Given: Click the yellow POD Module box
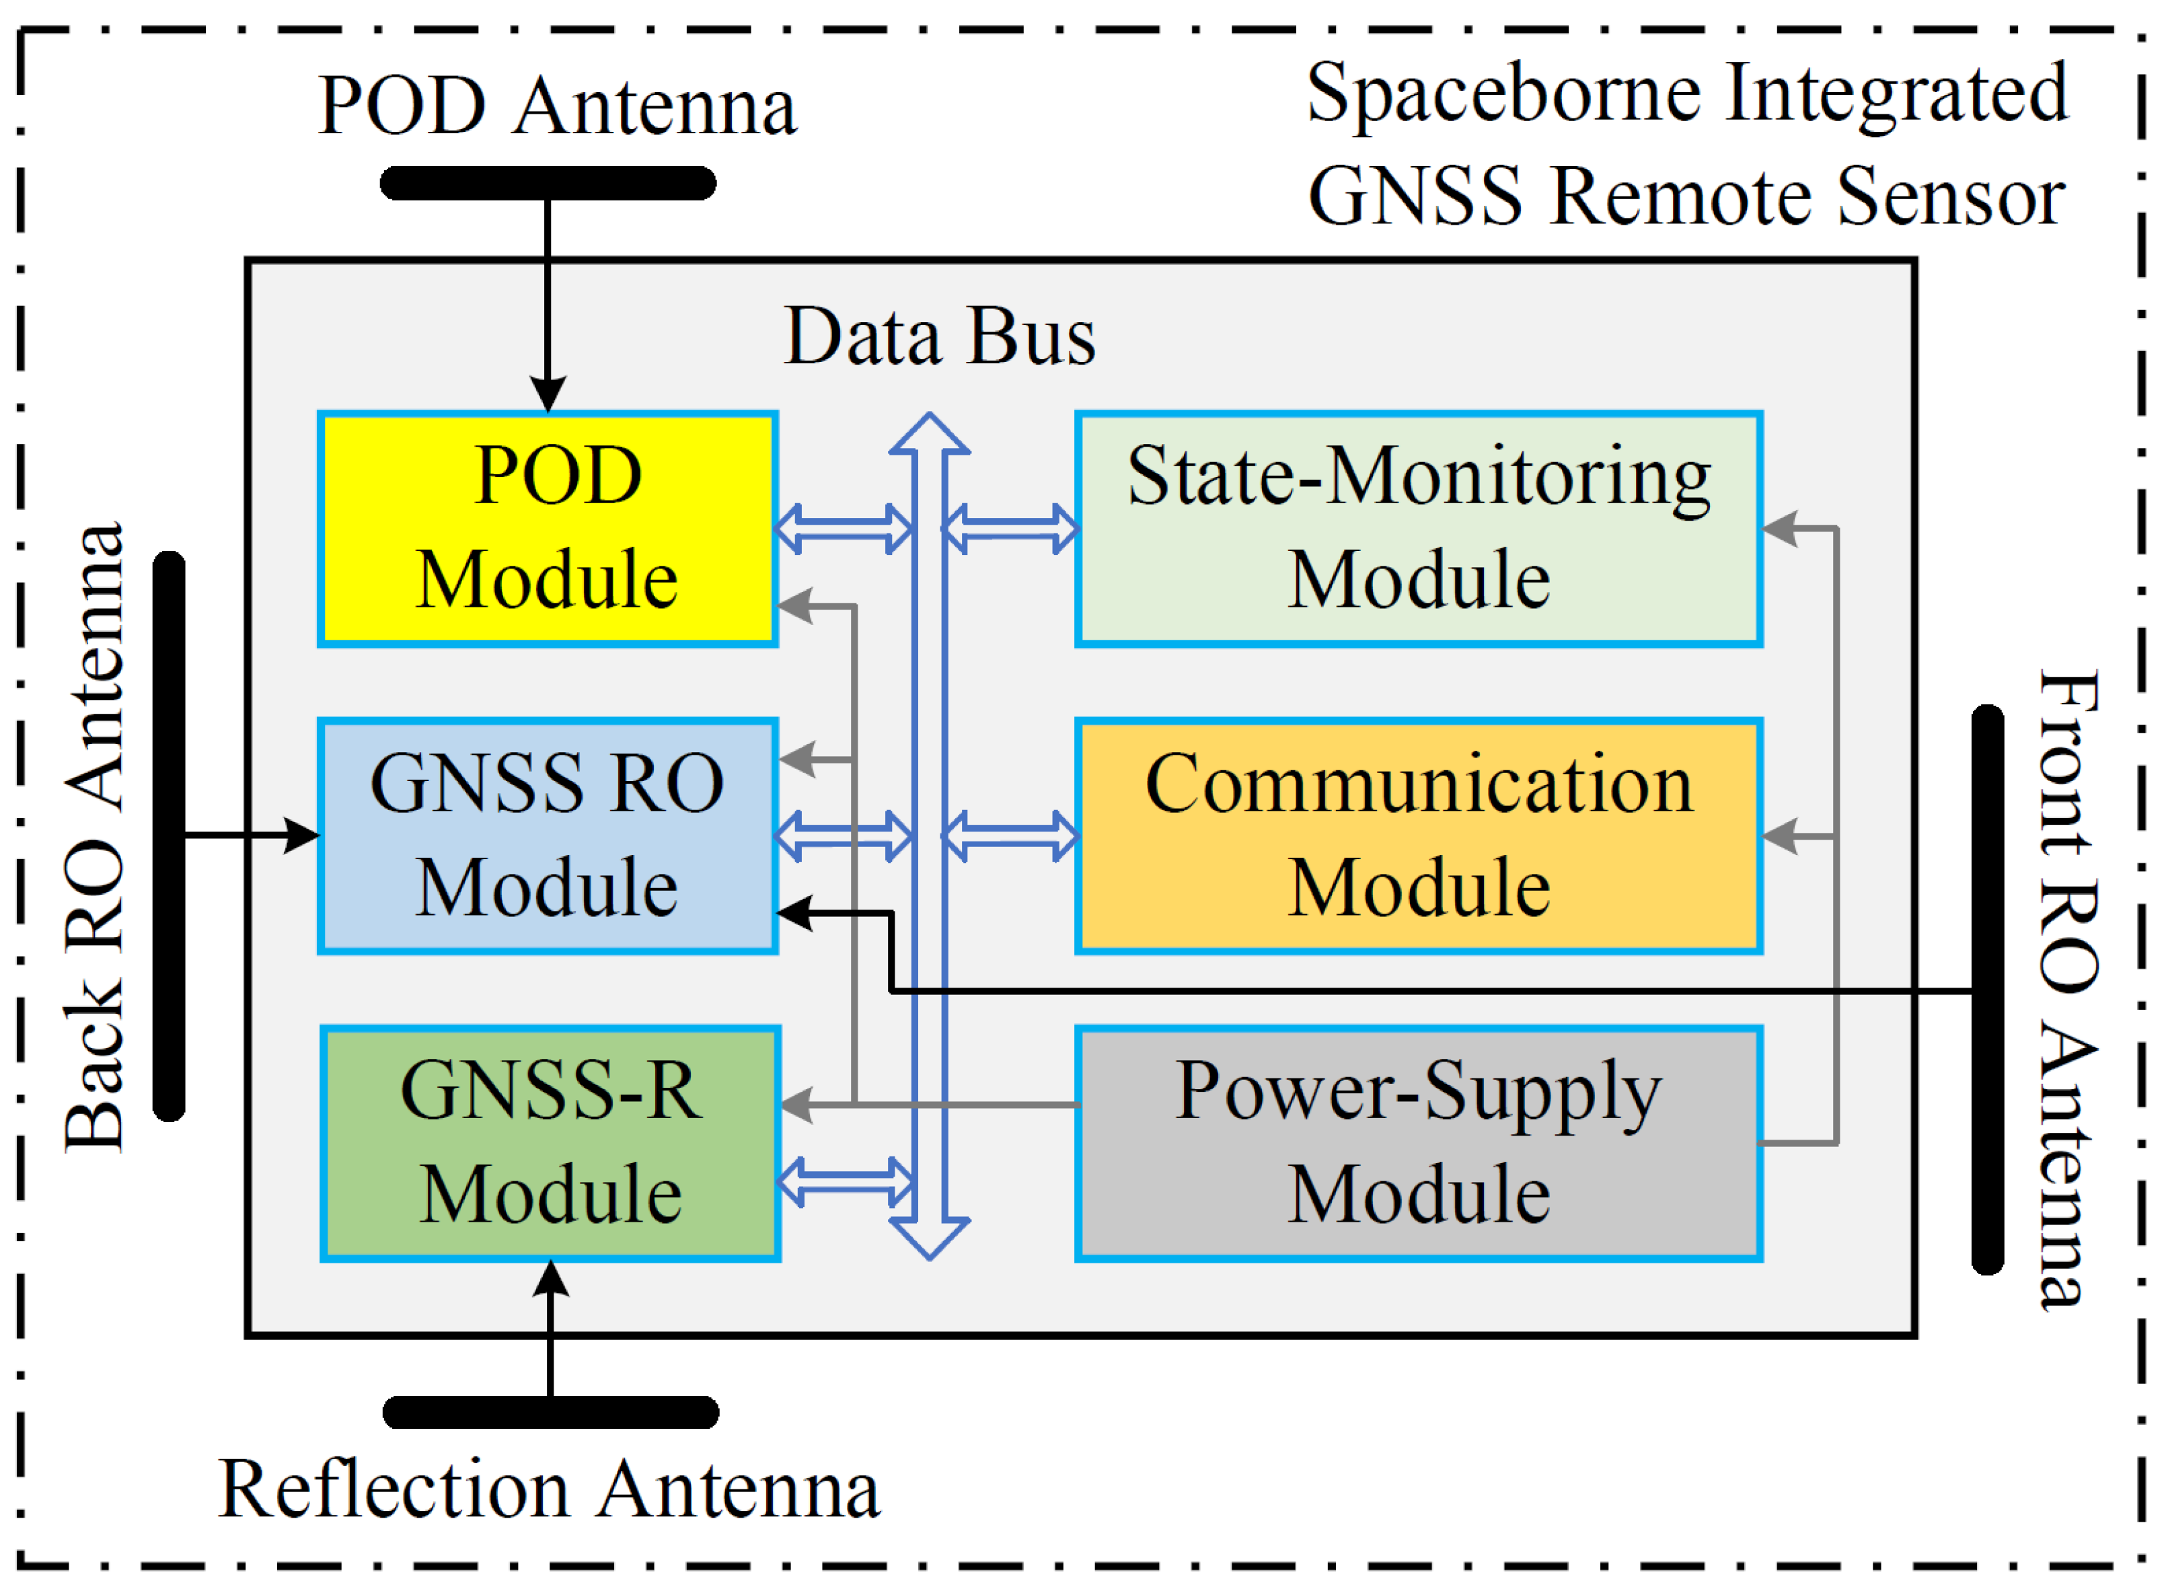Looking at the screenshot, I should coord(547,529).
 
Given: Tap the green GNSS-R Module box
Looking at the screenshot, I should coord(550,1142).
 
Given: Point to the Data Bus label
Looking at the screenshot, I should coord(939,337).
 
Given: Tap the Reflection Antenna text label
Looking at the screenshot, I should coord(549,1489).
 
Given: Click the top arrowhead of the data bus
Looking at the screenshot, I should coord(928,435).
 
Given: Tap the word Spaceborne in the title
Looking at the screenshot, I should coord(1505,94).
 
